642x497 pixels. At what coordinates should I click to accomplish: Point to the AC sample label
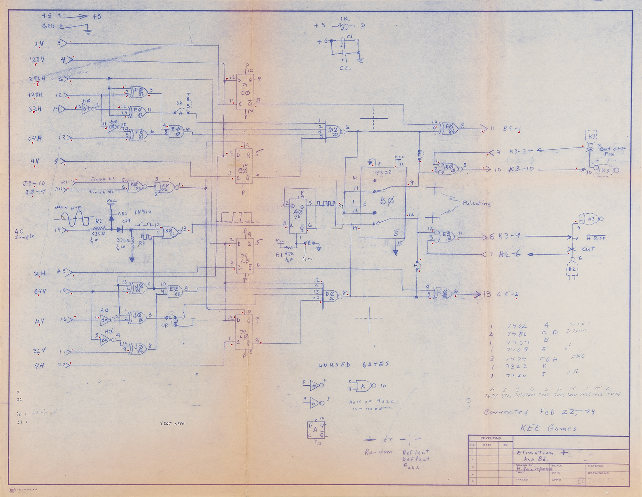24,234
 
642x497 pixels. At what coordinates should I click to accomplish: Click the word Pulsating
476,203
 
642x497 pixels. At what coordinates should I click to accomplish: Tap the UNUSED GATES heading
353,364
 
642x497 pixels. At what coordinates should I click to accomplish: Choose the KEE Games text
548,428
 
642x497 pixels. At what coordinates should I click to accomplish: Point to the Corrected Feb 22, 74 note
540,412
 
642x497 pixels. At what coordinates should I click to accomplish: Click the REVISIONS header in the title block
490,438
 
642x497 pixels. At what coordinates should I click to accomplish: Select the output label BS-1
512,129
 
